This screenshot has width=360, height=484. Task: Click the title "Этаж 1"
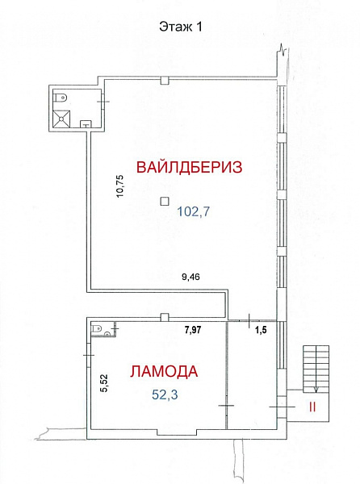pos(181,27)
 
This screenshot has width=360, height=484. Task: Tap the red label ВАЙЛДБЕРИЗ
pos(189,167)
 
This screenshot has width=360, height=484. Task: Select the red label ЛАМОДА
pos(164,371)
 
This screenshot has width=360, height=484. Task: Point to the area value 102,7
pos(193,211)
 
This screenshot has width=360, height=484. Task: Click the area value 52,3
pos(165,394)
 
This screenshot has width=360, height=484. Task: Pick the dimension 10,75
pos(120,186)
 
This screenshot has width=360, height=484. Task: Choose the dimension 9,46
pos(190,277)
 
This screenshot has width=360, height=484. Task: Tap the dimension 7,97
pos(193,330)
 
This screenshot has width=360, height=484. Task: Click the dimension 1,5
pos(261,330)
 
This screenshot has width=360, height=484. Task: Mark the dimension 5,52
pos(104,383)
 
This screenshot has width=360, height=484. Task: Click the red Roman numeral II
pos(312,407)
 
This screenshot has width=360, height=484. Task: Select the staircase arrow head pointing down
pos(316,390)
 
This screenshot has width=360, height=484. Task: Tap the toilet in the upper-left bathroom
pos(61,98)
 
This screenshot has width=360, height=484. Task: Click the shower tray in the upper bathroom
pos(62,119)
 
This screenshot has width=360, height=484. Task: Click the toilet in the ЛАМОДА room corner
pos(96,328)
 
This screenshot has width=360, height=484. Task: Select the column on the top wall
pos(165,81)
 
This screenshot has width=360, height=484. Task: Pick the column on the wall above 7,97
pos(165,317)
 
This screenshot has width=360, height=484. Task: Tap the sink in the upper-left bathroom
pos(86,123)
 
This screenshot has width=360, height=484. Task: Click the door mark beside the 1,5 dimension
pos(249,321)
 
